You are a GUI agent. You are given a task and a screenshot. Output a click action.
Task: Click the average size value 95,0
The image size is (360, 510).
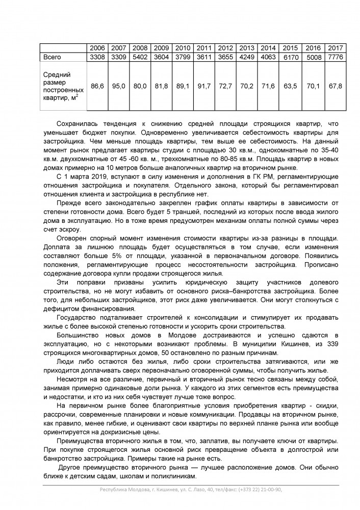pyautogui.click(x=118, y=87)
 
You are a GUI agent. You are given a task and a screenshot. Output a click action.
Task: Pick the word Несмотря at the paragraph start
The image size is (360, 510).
pyautogui.click(x=74, y=380)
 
